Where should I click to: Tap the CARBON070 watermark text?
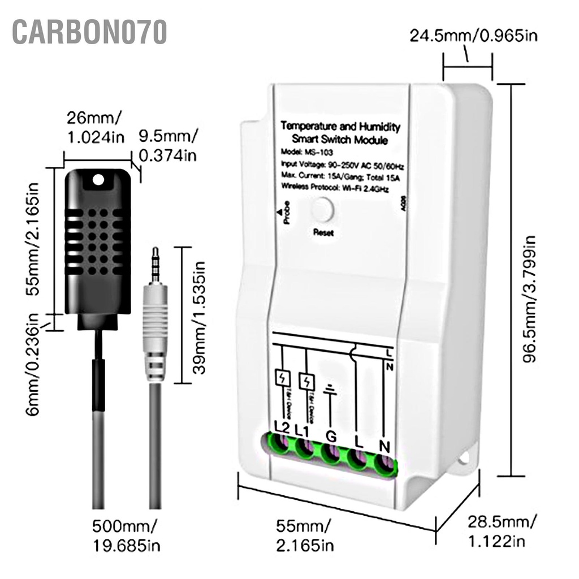89,32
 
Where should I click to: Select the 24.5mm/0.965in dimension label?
473,36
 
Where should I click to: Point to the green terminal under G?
332,454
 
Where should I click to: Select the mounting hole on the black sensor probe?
99,180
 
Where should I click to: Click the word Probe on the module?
287,213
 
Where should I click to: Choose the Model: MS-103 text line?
306,153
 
